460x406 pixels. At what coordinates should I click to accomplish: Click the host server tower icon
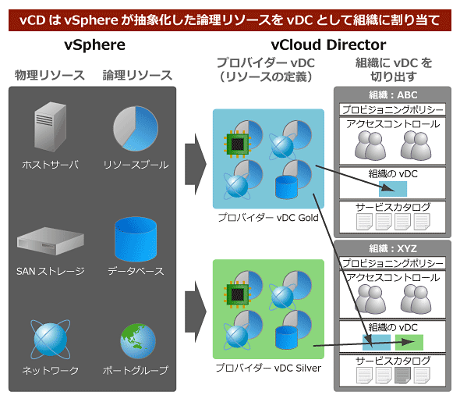click(x=50, y=126)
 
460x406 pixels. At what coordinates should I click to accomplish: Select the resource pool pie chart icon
click(x=136, y=128)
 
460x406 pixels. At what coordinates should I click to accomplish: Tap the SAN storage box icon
click(x=51, y=241)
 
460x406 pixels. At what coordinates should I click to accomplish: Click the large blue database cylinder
click(x=136, y=239)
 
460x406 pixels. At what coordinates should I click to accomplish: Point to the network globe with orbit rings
click(x=51, y=339)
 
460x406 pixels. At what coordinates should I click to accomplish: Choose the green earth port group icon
click(x=138, y=340)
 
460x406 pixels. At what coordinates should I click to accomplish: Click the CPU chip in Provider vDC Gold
click(x=237, y=144)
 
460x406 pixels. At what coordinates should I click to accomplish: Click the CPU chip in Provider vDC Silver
click(x=237, y=294)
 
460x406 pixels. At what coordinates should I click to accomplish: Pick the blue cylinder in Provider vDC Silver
click(x=286, y=337)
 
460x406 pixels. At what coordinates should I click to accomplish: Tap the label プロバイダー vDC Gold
click(x=268, y=218)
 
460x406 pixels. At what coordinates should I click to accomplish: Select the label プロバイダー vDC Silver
click(x=268, y=368)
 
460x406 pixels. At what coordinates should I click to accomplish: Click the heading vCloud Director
click(x=328, y=45)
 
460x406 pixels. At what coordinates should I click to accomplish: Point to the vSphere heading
click(x=94, y=45)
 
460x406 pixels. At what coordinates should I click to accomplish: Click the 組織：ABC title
click(x=393, y=95)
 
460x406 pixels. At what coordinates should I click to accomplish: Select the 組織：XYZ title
click(x=393, y=248)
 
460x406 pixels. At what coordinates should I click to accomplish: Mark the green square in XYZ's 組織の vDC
click(x=409, y=342)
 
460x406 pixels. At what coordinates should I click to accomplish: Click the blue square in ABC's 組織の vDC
click(x=393, y=189)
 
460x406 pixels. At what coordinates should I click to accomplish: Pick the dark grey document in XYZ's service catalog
click(x=402, y=375)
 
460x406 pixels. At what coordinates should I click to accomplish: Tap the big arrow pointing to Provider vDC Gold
click(x=196, y=164)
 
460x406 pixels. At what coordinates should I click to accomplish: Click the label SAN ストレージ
click(x=51, y=271)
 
